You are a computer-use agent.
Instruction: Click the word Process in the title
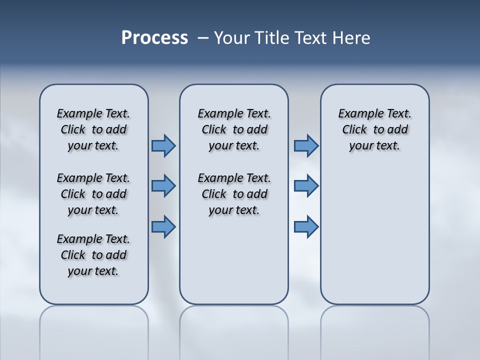tap(154, 38)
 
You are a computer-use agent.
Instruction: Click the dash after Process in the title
tap(202, 38)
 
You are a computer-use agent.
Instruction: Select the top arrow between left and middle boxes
tap(163, 146)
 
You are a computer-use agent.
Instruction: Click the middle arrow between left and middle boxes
tap(163, 186)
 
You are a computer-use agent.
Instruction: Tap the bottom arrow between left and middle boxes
tap(163, 226)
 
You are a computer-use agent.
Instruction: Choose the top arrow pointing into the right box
tap(306, 146)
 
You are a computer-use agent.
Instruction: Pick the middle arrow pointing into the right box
tap(306, 186)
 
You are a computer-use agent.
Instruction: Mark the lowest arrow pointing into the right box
tap(306, 226)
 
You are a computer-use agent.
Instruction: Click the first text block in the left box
tap(93, 129)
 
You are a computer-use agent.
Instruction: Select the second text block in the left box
tap(93, 194)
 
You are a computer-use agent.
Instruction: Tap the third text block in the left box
tap(93, 255)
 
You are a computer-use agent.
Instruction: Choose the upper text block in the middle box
tap(234, 129)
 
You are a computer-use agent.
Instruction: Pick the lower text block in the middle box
tap(234, 194)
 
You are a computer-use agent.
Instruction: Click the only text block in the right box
tap(375, 129)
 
